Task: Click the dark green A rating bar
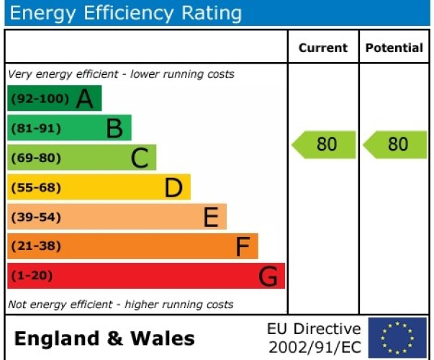[54, 99]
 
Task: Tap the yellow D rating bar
[99, 187]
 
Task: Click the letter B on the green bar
[114, 129]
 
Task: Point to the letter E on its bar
[211, 217]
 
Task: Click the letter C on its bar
[140, 158]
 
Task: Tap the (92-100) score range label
[40, 99]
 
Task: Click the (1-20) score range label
[32, 276]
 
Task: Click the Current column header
[323, 48]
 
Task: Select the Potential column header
[394, 48]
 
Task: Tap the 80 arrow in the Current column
[325, 144]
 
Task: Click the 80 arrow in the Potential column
[396, 144]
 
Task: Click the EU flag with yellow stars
[397, 338]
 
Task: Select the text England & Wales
[104, 338]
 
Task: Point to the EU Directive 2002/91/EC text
[314, 338]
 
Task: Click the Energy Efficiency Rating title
[126, 13]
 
